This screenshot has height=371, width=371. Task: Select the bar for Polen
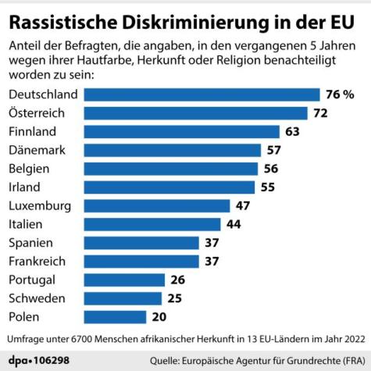click(x=115, y=317)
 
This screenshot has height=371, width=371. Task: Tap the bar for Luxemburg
click(x=156, y=206)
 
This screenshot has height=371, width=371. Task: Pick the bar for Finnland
click(x=181, y=131)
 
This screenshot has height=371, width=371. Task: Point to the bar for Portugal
click(x=124, y=280)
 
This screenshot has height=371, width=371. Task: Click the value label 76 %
click(x=340, y=95)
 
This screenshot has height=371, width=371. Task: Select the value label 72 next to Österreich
click(x=320, y=113)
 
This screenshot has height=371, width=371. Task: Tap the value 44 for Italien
click(x=234, y=224)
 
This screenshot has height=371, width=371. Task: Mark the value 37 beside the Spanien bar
click(x=212, y=243)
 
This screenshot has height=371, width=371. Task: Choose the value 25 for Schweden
click(x=174, y=298)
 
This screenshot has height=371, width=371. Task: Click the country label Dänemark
click(x=36, y=150)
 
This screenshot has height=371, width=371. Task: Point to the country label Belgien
click(x=29, y=169)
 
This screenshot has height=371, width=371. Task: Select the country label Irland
click(x=25, y=187)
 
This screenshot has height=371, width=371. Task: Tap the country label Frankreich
click(x=37, y=262)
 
